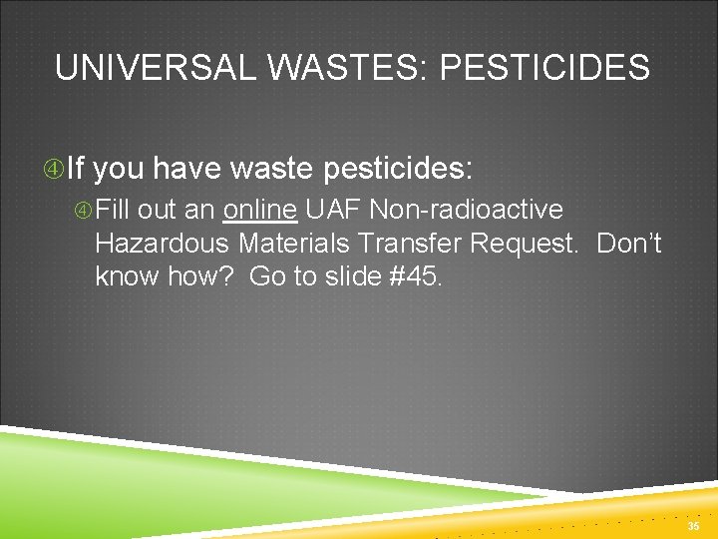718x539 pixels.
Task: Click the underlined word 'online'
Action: [x=262, y=211]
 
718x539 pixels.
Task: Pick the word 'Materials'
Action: [x=297, y=244]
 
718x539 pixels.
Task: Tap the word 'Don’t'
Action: [x=629, y=244]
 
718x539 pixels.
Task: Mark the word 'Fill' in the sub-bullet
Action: [x=115, y=211]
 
